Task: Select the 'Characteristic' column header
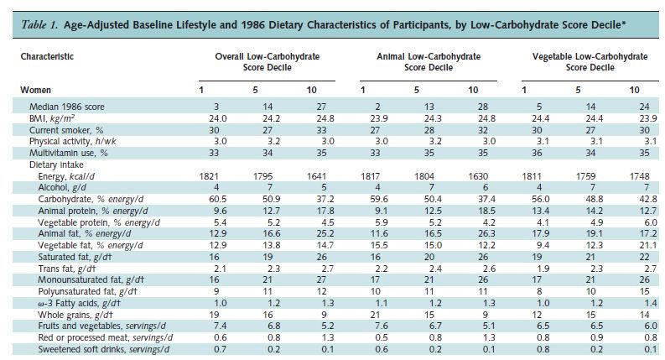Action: [x=47, y=56]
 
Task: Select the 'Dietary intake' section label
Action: [x=58, y=165]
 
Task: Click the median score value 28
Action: [x=472, y=107]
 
